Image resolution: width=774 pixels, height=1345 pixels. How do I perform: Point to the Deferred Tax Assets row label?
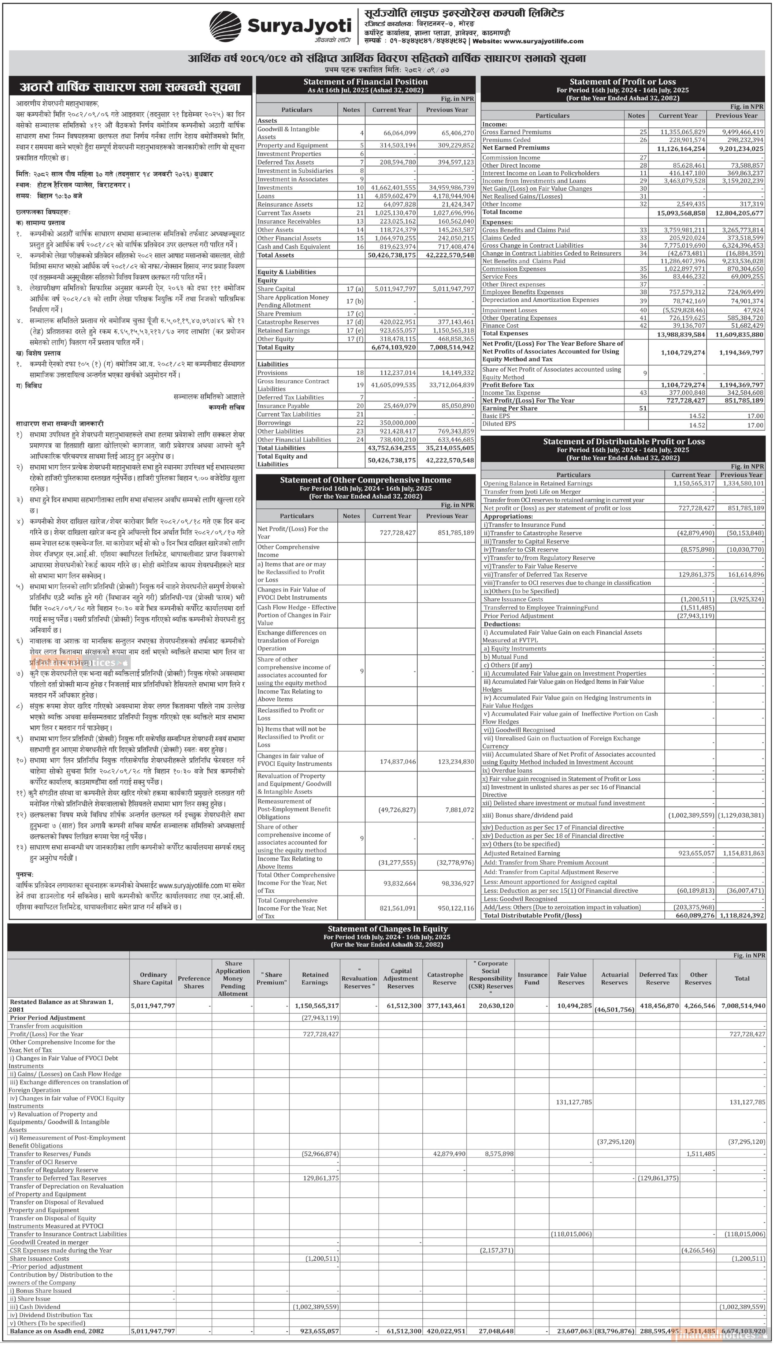[286, 162]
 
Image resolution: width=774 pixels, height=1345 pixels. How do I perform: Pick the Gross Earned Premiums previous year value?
[739, 132]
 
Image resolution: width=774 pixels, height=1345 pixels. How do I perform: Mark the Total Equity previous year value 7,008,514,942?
[447, 347]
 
